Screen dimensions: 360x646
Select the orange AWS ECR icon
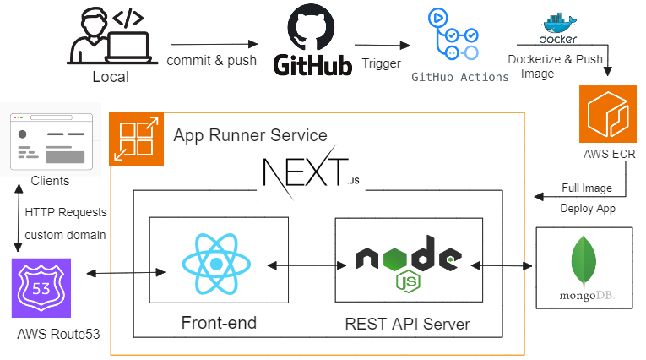[x=607, y=114]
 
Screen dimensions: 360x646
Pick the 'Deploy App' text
[x=588, y=208]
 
